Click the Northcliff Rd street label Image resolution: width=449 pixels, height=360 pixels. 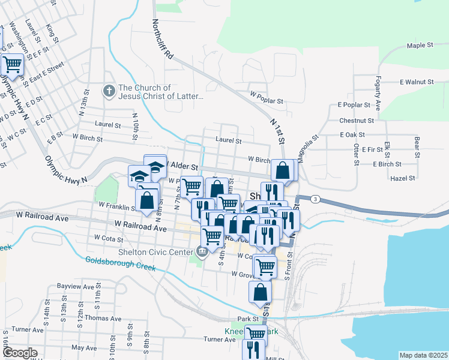(163, 39)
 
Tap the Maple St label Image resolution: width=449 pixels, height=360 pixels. (420, 45)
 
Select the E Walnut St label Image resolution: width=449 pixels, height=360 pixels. (416, 82)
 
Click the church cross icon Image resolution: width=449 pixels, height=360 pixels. (109, 91)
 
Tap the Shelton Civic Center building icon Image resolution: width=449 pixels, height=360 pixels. (202, 251)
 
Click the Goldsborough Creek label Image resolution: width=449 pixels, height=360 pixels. (120, 263)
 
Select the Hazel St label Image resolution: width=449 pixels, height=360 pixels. (402, 178)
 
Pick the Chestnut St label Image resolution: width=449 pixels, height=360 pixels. (357, 121)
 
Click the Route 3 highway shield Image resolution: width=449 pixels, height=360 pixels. (316, 199)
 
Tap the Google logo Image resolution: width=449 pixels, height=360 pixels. (19, 353)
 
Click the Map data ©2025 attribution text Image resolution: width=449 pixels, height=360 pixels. (423, 355)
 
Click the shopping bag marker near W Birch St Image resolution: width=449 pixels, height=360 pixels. (283, 170)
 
